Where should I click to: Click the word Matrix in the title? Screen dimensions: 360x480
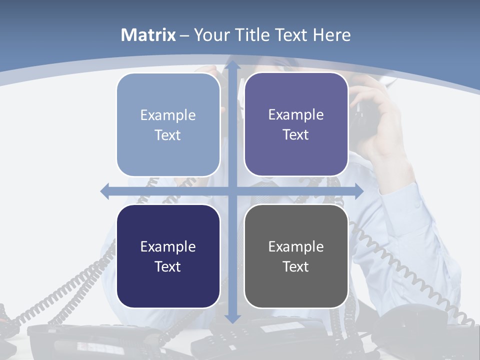coord(148,35)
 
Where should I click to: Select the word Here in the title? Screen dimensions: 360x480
coord(331,35)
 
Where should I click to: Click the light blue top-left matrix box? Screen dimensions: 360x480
coord(168,124)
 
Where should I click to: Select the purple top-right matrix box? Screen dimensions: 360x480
coord(296,124)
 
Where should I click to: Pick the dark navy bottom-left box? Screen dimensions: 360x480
coord(168,256)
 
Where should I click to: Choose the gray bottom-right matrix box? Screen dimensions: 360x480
coord(296,256)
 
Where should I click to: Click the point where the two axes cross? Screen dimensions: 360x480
coord(232,191)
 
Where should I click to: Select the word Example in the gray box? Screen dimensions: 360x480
coord(296,246)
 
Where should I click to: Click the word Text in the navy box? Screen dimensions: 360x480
coord(168,266)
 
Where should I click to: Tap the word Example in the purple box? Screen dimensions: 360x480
coord(296,114)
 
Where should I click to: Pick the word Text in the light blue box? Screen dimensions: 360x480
coord(168,135)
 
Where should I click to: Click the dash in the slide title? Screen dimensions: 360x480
coord(184,35)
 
